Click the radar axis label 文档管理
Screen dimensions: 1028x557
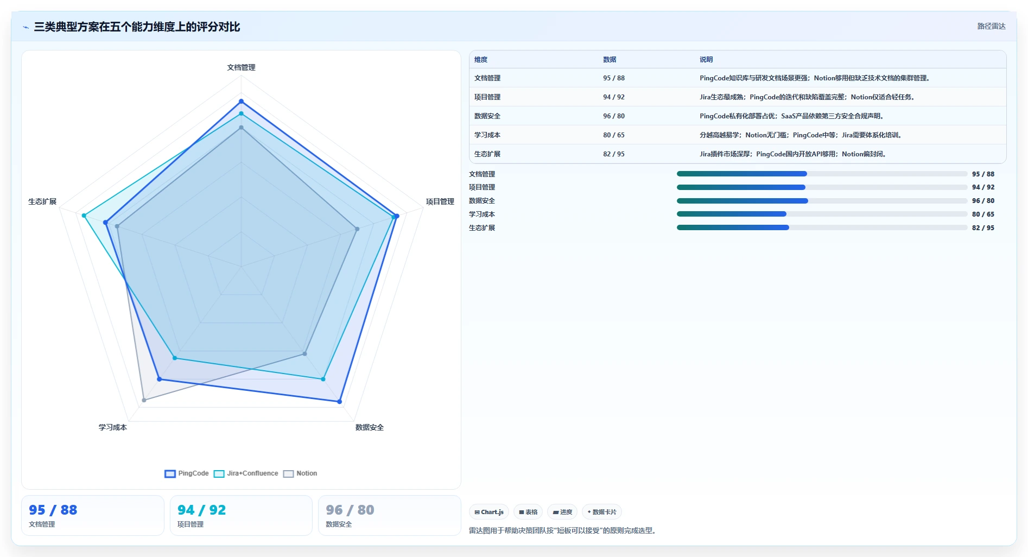click(241, 67)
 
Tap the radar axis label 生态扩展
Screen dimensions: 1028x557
click(42, 201)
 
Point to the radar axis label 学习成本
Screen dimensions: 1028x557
click(113, 427)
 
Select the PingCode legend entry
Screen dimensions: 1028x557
click(187, 473)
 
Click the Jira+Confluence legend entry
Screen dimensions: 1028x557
click(246, 473)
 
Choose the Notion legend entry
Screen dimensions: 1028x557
click(300, 473)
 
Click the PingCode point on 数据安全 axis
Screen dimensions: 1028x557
click(339, 402)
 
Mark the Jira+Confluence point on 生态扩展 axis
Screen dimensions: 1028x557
click(84, 216)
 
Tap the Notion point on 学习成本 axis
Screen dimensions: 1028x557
click(144, 400)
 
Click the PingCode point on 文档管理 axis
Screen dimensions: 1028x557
click(241, 102)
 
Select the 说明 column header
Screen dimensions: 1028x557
click(706, 60)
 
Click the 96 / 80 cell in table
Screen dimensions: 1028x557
click(614, 116)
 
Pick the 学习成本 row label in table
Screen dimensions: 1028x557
click(487, 135)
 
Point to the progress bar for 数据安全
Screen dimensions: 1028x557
click(822, 201)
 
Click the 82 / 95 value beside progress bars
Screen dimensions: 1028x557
click(983, 228)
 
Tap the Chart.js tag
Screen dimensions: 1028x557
click(489, 512)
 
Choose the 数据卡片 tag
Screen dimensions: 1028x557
click(602, 512)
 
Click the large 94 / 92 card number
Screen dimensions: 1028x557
click(201, 510)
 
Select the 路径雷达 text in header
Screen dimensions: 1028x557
click(991, 26)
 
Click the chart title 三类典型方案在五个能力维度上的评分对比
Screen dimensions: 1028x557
click(137, 27)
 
